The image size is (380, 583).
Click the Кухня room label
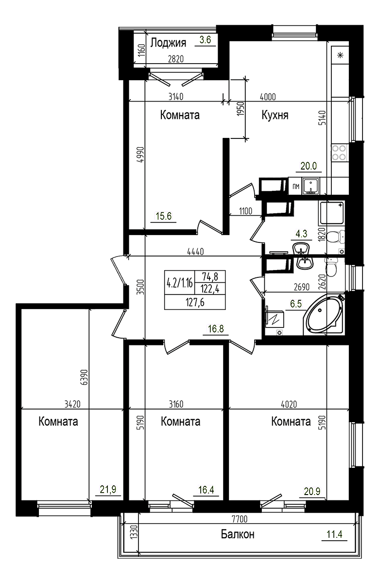[x=275, y=115]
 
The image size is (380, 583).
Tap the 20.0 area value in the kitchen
[x=308, y=166]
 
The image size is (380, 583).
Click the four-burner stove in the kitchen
[x=339, y=153]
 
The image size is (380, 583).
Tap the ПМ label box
[x=295, y=186]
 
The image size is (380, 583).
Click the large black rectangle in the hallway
[x=195, y=290]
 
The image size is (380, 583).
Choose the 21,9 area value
[x=108, y=490]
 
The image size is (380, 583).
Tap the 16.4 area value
[x=207, y=490]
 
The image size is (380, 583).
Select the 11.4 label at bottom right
[x=334, y=534]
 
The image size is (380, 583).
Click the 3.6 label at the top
[x=205, y=40]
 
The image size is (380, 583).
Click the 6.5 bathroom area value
[x=295, y=304]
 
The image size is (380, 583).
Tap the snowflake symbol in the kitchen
[x=340, y=55]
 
